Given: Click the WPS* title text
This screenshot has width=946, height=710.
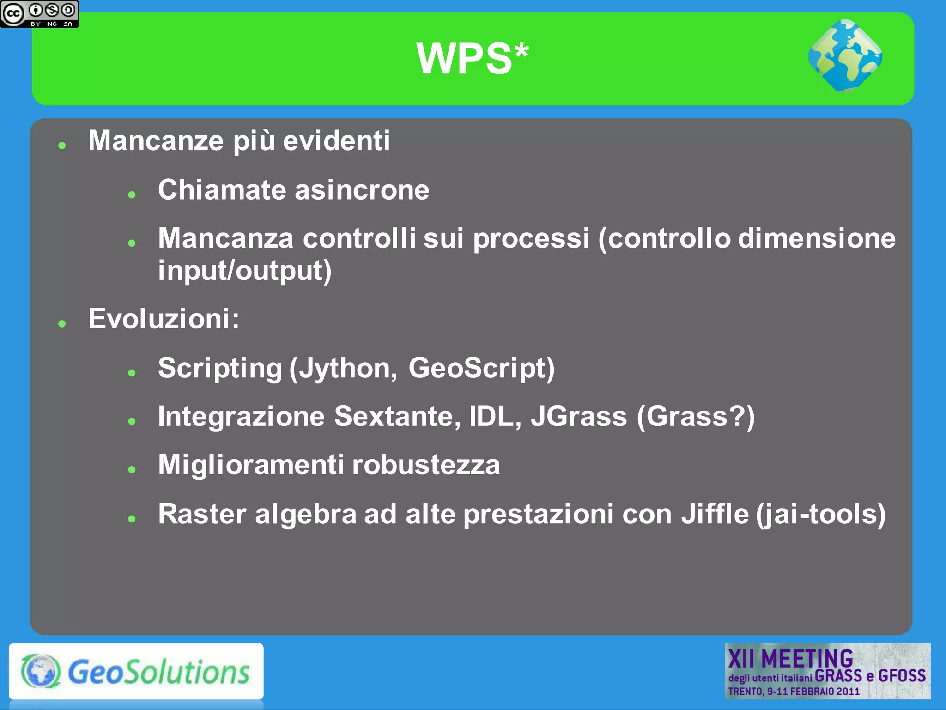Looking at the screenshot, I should [x=473, y=59].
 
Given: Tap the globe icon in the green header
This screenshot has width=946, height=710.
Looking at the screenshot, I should [x=845, y=56].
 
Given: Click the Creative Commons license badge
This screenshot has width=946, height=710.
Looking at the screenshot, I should [x=39, y=14].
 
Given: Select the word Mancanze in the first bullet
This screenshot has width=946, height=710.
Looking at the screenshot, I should [x=156, y=140].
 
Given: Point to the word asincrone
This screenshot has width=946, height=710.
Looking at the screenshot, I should [x=362, y=190].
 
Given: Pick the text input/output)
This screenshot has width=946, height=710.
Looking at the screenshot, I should [x=245, y=271].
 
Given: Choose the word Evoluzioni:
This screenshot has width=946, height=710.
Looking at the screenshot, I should [x=164, y=319].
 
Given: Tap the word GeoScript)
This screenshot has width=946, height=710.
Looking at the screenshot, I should [x=481, y=368].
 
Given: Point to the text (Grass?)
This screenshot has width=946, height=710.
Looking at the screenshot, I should [x=696, y=416].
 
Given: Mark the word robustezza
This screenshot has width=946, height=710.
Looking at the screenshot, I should [x=426, y=465].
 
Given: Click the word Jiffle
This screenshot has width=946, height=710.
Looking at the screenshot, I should [x=715, y=514].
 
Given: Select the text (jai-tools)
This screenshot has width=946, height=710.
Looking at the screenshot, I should [x=821, y=514].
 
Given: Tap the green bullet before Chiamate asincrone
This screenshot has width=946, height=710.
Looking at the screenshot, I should [x=132, y=195].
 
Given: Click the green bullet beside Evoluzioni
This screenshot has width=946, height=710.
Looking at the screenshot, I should [x=62, y=324].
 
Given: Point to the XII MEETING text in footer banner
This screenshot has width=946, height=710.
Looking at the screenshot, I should [x=790, y=658].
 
